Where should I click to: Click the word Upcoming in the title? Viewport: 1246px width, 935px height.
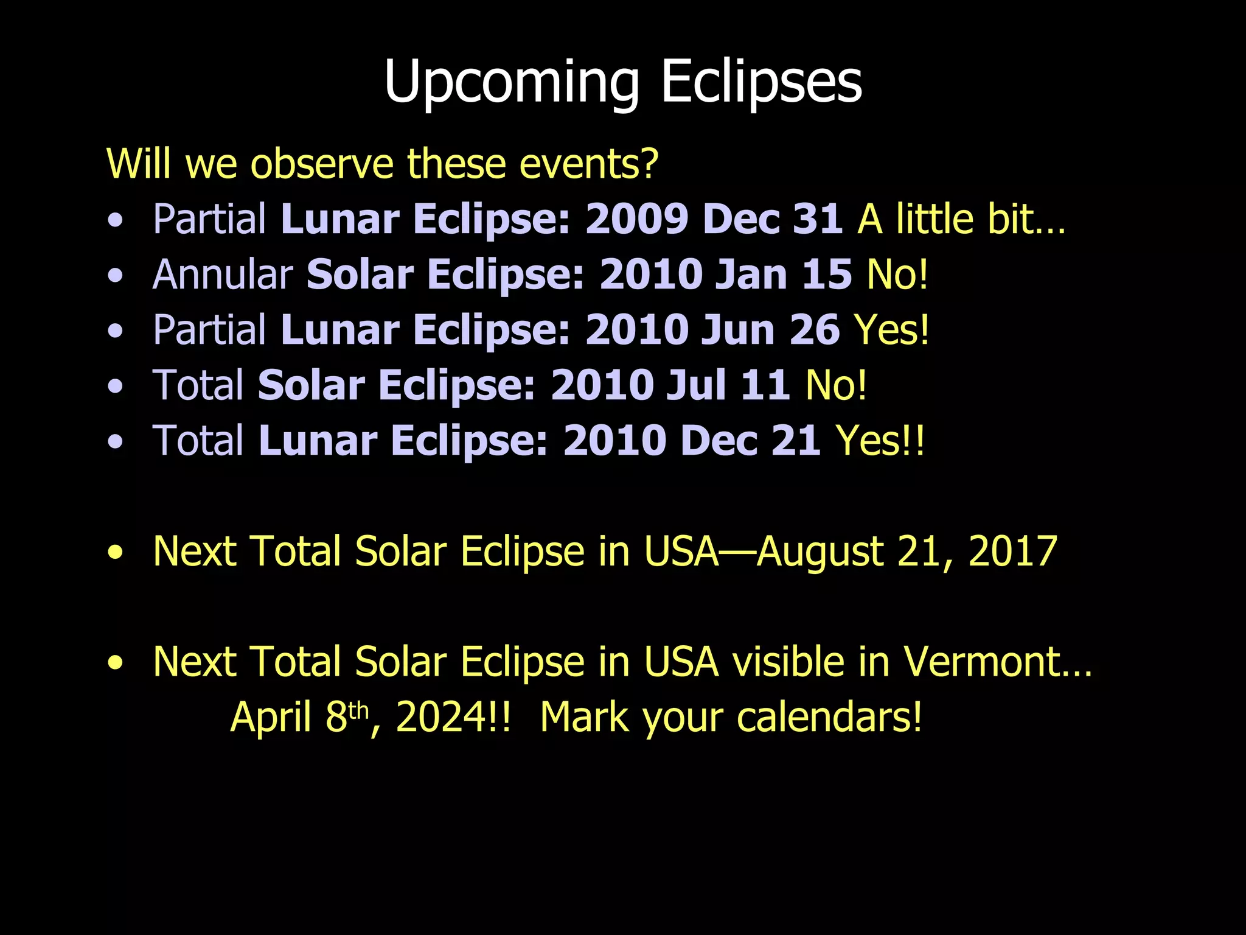511,82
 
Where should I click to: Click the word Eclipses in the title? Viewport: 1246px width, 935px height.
761,82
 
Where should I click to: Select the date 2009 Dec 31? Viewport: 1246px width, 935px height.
714,219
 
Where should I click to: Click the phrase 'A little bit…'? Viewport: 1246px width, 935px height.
961,219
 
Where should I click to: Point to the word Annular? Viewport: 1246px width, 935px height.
223,275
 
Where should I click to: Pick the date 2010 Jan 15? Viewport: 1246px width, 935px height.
725,275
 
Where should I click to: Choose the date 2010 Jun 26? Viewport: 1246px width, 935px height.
712,330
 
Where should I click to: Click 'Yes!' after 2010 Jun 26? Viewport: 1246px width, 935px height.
891,330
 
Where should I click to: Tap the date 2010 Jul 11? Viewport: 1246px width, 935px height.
670,385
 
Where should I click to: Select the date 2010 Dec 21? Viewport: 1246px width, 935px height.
692,441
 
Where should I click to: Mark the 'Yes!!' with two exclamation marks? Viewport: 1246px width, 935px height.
880,441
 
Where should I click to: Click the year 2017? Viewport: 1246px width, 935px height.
1012,552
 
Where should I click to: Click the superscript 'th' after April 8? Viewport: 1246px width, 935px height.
358,710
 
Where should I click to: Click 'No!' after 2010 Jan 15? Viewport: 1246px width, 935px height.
897,275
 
